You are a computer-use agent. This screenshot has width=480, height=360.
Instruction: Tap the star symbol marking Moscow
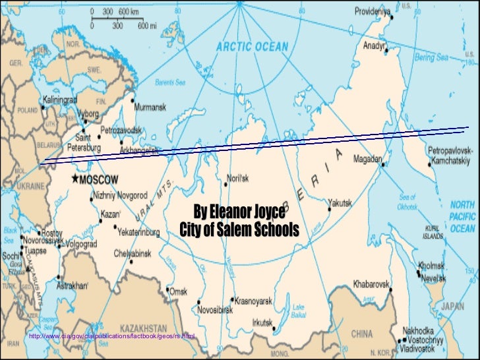[x=75, y=179]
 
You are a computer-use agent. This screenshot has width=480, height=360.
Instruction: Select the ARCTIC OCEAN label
[x=253, y=46]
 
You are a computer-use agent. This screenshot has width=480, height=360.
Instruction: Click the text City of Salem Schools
[x=239, y=229]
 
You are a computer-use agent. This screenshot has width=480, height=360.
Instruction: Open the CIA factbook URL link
[x=112, y=338]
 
